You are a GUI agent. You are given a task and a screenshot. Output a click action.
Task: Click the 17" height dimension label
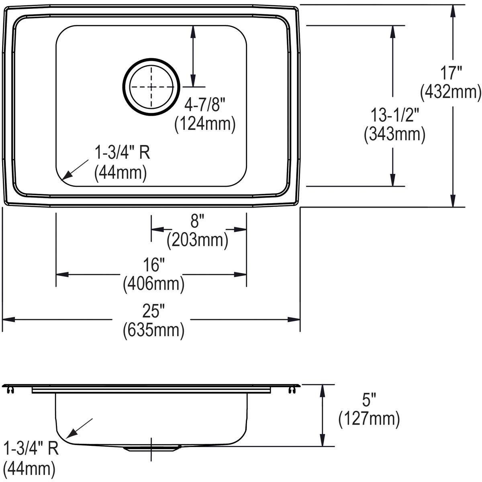[x=450, y=74]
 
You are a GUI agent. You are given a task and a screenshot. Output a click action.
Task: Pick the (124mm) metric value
[x=204, y=125]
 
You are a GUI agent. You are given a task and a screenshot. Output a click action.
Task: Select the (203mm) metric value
[x=198, y=240]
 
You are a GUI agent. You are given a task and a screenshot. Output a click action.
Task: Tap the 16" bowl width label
[x=153, y=266]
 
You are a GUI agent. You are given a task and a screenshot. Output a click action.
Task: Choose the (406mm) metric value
[x=153, y=284]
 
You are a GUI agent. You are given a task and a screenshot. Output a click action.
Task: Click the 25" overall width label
[x=153, y=311]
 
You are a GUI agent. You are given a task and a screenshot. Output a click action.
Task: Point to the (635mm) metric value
[x=153, y=330]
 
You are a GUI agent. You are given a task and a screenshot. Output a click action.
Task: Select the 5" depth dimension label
[x=369, y=400]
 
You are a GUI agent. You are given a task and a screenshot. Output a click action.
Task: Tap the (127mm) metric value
[x=369, y=419]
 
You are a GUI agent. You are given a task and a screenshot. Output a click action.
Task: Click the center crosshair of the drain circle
[x=151, y=87]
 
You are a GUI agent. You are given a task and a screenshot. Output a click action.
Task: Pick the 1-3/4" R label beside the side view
[x=31, y=448]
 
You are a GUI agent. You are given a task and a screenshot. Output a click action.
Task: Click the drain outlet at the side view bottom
[x=151, y=448]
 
